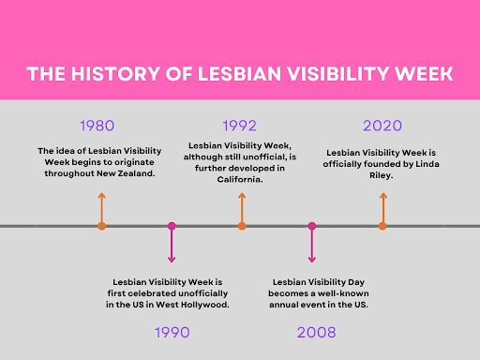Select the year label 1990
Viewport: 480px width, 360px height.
[x=171, y=332]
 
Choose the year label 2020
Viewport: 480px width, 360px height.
[x=382, y=126]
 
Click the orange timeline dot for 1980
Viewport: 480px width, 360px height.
[x=101, y=226]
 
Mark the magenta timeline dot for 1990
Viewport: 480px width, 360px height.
[x=172, y=226]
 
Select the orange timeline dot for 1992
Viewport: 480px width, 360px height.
[x=242, y=226]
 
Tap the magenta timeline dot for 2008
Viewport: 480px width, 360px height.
[x=312, y=226]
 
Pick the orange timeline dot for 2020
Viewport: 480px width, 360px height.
[x=382, y=226]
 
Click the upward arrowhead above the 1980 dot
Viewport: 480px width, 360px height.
[x=101, y=195]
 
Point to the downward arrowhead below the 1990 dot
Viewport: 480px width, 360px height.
[x=172, y=259]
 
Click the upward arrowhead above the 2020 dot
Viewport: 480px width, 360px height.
[x=382, y=195]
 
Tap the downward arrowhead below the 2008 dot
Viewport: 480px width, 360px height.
[x=312, y=259]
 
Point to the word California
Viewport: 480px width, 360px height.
[x=242, y=179]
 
